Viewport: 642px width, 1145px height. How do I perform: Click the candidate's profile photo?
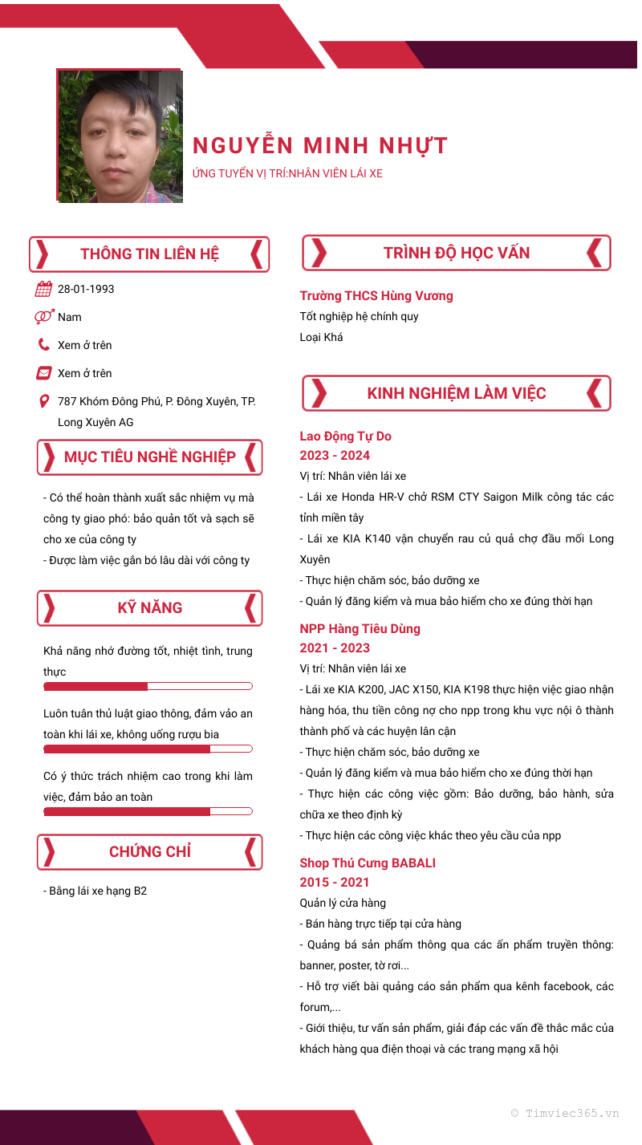pyautogui.click(x=120, y=136)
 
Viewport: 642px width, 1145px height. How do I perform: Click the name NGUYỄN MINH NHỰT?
pyautogui.click(x=319, y=146)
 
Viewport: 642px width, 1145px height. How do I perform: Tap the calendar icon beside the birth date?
pyautogui.click(x=44, y=290)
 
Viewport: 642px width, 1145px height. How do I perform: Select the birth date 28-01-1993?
pyautogui.click(x=86, y=289)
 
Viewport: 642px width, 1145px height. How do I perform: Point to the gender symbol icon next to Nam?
pyautogui.click(x=44, y=317)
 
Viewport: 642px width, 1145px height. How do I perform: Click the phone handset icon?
pyautogui.click(x=44, y=345)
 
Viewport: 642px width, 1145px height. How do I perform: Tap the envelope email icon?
pyautogui.click(x=44, y=373)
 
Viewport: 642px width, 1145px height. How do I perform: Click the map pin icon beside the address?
pyautogui.click(x=44, y=401)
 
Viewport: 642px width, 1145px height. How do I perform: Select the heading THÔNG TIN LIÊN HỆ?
pyautogui.click(x=149, y=254)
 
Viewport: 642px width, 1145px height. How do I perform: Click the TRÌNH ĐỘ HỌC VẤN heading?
pyautogui.click(x=456, y=253)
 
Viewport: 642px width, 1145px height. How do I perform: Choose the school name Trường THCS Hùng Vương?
pyautogui.click(x=376, y=296)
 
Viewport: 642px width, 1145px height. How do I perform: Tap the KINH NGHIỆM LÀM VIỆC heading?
pyautogui.click(x=456, y=393)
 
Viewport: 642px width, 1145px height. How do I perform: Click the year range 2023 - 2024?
pyautogui.click(x=335, y=456)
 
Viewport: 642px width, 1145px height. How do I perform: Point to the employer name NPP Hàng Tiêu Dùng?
pyautogui.click(x=360, y=629)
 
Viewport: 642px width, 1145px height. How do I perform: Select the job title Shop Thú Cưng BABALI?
pyautogui.click(x=368, y=863)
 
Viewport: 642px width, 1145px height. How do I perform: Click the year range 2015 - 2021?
pyautogui.click(x=335, y=883)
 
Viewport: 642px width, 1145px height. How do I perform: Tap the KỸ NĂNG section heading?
pyautogui.click(x=149, y=608)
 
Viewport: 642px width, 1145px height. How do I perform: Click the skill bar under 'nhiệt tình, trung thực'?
pyautogui.click(x=148, y=687)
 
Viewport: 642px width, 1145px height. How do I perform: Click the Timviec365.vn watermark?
pyautogui.click(x=565, y=1114)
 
